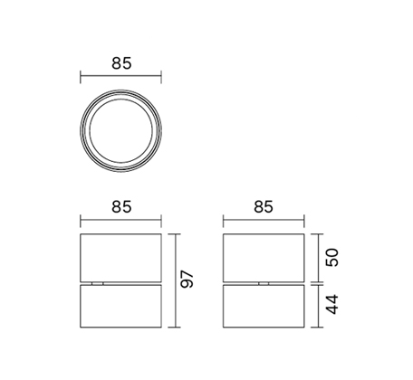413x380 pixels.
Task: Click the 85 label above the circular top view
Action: [x=121, y=63]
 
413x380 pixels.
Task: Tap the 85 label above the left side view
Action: [x=121, y=207]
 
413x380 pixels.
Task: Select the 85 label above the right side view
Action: [x=264, y=207]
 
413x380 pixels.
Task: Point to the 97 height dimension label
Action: [x=187, y=280]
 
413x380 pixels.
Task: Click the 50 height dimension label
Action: [x=331, y=257]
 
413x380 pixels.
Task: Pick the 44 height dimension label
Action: [x=331, y=305]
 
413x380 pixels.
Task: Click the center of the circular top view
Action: [x=120, y=131]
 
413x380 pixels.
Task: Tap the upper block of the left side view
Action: [x=120, y=258]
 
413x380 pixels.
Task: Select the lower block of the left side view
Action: [x=120, y=306]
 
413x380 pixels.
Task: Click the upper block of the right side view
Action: [x=264, y=258]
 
